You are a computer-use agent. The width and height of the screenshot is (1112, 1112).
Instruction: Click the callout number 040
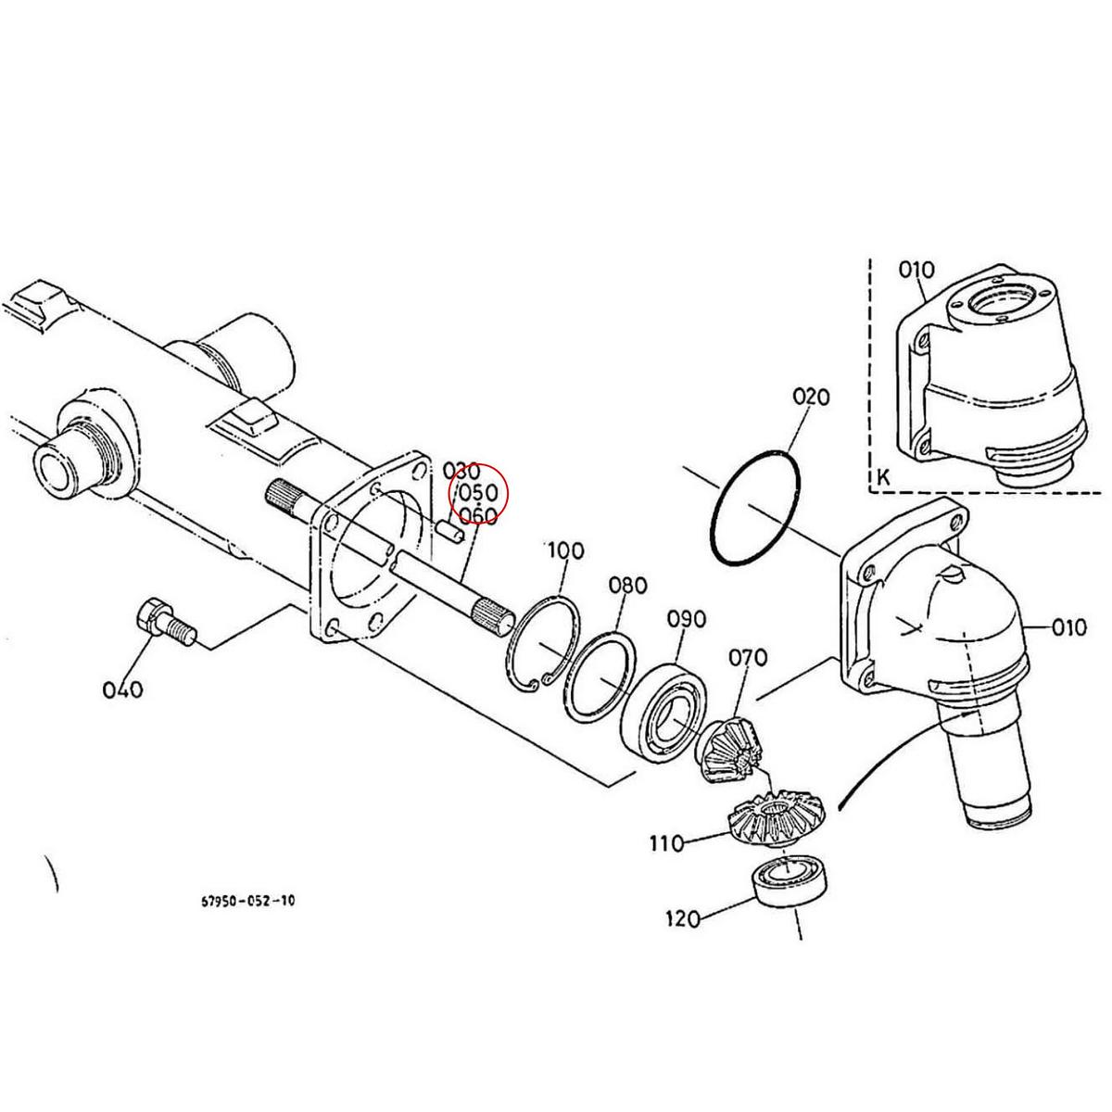(123, 689)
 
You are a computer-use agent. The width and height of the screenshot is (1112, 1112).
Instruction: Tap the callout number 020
(811, 397)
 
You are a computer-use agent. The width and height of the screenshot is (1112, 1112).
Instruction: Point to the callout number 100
(565, 550)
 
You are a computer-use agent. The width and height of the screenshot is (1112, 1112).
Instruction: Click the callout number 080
(627, 586)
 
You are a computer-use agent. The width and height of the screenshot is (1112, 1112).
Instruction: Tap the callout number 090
(686, 619)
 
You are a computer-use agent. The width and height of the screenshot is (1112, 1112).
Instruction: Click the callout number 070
(747, 658)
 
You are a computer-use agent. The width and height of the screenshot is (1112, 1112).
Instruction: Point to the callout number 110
(665, 843)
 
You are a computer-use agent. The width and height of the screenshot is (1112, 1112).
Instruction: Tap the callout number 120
(683, 919)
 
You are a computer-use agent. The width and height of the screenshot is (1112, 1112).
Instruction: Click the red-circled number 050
(478, 492)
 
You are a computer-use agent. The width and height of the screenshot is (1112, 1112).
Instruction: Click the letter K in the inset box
(882, 477)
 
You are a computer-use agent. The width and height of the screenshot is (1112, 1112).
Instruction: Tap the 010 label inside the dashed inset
(916, 270)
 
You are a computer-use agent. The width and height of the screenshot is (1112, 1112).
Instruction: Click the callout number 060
(478, 514)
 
